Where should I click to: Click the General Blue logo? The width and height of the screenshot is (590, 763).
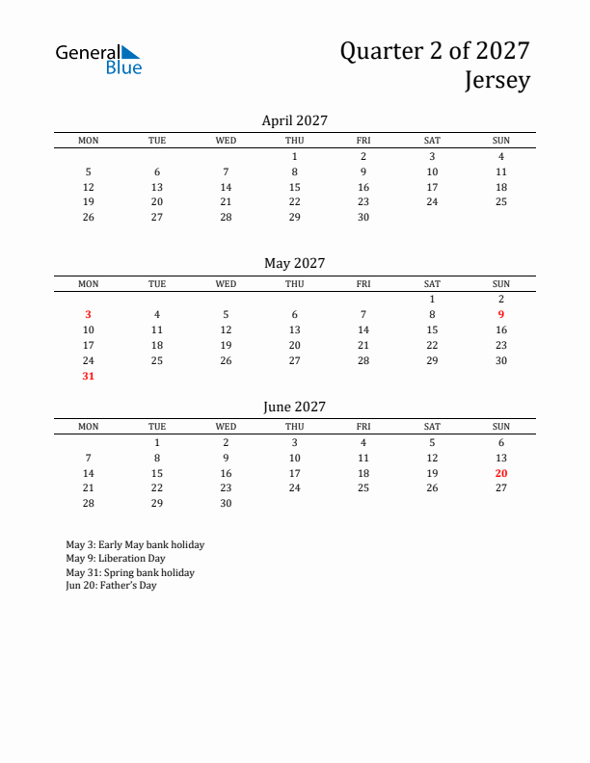(x=98, y=59)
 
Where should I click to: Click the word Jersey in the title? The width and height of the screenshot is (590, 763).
(x=497, y=81)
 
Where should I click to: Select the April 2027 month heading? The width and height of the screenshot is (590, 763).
(x=294, y=120)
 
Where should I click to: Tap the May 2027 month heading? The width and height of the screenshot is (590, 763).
(x=294, y=263)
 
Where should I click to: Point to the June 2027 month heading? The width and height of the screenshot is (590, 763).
(x=294, y=407)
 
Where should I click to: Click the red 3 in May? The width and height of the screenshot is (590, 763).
(x=88, y=314)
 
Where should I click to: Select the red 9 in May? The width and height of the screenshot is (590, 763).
(x=501, y=314)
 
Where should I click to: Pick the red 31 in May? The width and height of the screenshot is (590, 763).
(x=88, y=376)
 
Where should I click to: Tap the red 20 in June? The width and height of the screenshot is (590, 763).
(x=501, y=473)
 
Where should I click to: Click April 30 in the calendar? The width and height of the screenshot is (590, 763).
(x=363, y=218)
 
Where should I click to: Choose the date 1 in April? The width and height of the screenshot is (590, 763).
(x=294, y=156)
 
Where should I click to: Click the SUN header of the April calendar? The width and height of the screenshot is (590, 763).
(x=501, y=141)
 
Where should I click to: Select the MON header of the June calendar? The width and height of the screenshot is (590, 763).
(x=88, y=427)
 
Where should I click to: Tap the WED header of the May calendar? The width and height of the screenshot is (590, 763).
(x=226, y=283)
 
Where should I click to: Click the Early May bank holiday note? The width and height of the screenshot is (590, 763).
(x=135, y=544)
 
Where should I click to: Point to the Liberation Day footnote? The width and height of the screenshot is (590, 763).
(x=116, y=558)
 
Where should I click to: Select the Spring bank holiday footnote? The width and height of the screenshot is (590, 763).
(x=130, y=572)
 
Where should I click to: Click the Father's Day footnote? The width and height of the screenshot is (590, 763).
(x=111, y=586)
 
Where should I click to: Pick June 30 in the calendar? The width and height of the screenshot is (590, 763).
(x=226, y=504)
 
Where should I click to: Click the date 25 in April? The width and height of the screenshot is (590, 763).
(x=501, y=202)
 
